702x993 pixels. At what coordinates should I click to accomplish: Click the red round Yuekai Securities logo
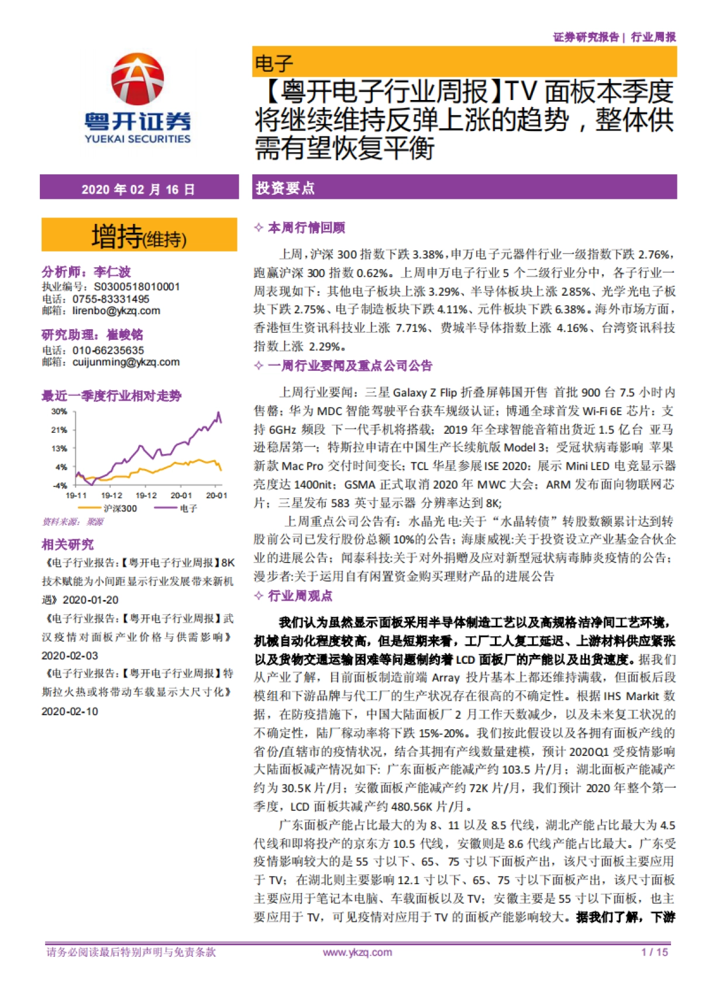(x=137, y=80)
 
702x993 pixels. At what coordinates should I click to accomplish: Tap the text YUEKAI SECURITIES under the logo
(x=137, y=139)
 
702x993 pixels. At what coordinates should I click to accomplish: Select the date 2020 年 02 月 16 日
(x=138, y=189)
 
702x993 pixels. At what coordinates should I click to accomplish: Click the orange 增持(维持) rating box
(x=139, y=236)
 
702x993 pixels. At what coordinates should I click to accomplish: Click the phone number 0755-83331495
(x=111, y=299)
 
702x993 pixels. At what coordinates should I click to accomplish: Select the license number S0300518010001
(x=137, y=287)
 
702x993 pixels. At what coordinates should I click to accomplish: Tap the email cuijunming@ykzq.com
(x=126, y=362)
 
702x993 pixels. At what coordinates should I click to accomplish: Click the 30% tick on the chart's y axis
(x=59, y=412)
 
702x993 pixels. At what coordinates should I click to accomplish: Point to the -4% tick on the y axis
(x=60, y=485)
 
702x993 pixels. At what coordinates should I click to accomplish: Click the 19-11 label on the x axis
(x=76, y=496)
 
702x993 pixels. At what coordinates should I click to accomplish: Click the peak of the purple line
(x=219, y=413)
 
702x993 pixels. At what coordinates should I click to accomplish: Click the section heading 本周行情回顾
(x=306, y=227)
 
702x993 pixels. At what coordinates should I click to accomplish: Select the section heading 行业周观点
(x=300, y=596)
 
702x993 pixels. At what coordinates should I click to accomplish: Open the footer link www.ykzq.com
(x=357, y=952)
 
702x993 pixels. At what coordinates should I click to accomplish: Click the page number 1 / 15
(x=654, y=952)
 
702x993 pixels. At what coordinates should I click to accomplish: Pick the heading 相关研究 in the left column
(x=67, y=544)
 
